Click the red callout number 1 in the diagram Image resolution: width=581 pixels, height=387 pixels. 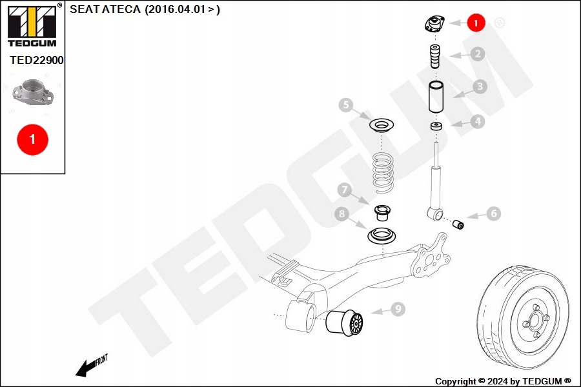[x=476, y=23]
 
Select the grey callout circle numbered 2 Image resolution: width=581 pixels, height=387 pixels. [x=477, y=54]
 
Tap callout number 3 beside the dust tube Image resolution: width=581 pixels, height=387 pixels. [x=478, y=86]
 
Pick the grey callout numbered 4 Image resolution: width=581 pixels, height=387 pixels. [x=477, y=121]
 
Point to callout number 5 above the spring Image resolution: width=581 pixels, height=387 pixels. [x=346, y=104]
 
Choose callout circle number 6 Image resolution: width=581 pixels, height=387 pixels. [x=493, y=213]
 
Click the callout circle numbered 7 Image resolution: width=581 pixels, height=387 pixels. [x=345, y=190]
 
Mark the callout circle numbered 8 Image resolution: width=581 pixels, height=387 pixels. [x=341, y=213]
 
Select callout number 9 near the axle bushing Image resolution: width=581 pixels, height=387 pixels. [x=398, y=310]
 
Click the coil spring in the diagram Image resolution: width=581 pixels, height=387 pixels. [x=383, y=172]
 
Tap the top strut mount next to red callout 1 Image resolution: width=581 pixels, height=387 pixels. [x=433, y=25]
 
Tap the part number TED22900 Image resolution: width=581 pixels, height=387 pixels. [x=36, y=60]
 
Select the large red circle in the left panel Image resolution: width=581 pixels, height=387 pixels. [x=32, y=138]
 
